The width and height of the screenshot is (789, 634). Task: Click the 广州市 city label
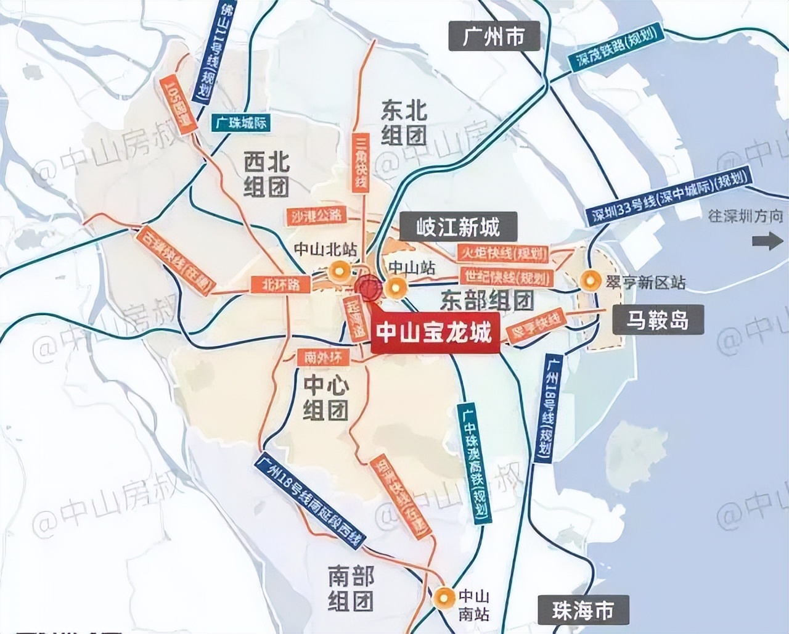point(494,37)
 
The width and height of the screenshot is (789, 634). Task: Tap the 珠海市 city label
point(583,610)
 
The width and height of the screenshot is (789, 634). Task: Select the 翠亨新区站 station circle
point(591,281)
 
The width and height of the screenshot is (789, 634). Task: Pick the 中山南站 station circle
point(443,596)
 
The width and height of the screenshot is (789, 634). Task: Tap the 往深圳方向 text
point(745,216)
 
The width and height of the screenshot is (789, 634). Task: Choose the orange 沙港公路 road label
point(314,215)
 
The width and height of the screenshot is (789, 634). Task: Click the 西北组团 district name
point(266,174)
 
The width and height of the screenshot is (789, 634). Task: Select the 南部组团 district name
point(351,588)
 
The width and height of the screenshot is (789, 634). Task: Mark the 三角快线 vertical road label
point(360,162)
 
